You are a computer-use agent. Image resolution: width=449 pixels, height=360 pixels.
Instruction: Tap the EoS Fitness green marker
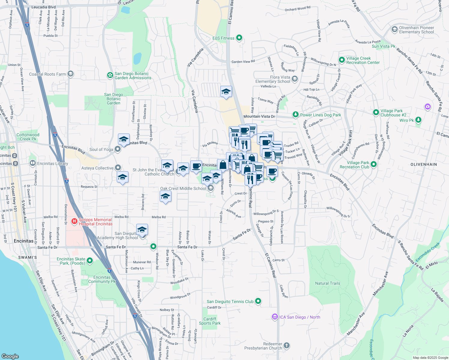coord(239,38)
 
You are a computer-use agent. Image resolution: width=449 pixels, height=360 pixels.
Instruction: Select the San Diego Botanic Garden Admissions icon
coord(110,75)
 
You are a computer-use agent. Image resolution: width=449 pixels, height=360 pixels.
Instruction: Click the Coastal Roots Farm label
coord(47,74)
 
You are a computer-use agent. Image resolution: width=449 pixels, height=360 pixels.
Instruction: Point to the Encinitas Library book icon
coord(32,163)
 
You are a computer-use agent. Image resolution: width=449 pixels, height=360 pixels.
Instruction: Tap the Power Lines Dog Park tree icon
coord(296,115)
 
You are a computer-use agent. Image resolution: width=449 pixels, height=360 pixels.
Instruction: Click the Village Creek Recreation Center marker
coord(342,60)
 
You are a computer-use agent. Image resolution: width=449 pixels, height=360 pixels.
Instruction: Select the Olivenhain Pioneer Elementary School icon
coord(394,29)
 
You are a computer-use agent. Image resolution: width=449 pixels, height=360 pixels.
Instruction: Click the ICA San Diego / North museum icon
coord(274,317)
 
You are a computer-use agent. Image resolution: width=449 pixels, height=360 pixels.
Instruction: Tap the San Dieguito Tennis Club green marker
coord(258,301)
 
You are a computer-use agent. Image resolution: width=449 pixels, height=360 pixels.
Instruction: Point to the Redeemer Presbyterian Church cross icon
coord(287,346)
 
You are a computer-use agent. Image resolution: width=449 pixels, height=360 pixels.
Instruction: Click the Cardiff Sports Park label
coord(210,321)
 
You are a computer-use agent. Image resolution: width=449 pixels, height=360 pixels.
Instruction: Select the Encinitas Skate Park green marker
coord(89,261)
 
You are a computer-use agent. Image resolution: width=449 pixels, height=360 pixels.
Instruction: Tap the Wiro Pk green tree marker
coord(418,120)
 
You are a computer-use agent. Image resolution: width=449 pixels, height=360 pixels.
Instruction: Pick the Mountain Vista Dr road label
coord(259,116)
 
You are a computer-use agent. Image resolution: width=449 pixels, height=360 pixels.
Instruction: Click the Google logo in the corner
coord(10,356)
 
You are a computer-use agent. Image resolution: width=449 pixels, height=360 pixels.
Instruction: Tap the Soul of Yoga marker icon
coord(118,149)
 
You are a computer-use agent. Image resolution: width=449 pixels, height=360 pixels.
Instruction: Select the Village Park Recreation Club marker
coord(373,164)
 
